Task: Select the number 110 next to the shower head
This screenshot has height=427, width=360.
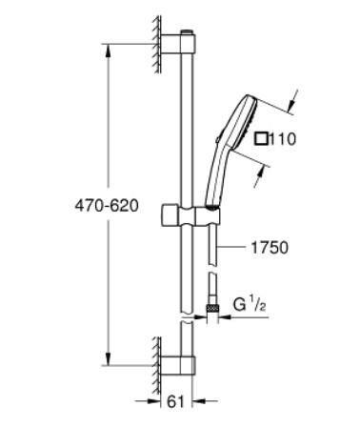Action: [x=283, y=139]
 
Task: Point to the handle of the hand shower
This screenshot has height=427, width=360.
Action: [x=214, y=176]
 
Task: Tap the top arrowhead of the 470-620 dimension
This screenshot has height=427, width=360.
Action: [x=106, y=43]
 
